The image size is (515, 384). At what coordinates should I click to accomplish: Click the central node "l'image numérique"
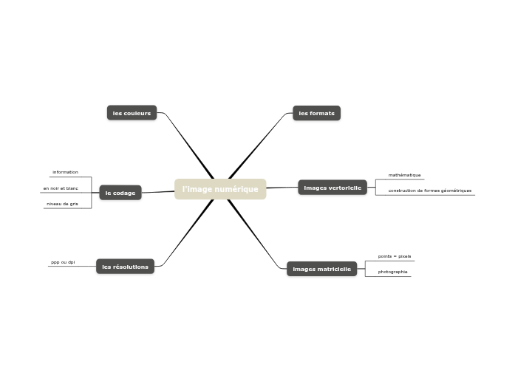pos(220,189)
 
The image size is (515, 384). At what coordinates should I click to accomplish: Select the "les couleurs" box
pos(132,113)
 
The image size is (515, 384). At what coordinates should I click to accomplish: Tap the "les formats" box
pos(316,113)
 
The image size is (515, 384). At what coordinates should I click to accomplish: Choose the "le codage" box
pos(120,193)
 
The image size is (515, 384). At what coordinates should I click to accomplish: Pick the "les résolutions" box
pos(125,267)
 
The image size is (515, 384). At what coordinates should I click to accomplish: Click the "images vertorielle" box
pos(332,188)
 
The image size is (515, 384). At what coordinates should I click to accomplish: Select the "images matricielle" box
pos(321,269)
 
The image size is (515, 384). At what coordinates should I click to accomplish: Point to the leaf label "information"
pos(65,172)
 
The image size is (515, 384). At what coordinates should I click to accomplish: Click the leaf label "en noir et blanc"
pos(61,188)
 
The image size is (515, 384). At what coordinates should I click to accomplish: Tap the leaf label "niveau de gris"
pos(62,204)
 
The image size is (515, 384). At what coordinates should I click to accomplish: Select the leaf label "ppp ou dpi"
pos(63,262)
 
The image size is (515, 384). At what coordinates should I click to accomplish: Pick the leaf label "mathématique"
pos(404,175)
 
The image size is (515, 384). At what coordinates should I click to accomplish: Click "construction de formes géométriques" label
pos(429,191)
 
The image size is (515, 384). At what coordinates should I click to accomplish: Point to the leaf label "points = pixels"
pos(394,256)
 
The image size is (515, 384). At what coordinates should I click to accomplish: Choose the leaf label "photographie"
pos(392,272)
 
